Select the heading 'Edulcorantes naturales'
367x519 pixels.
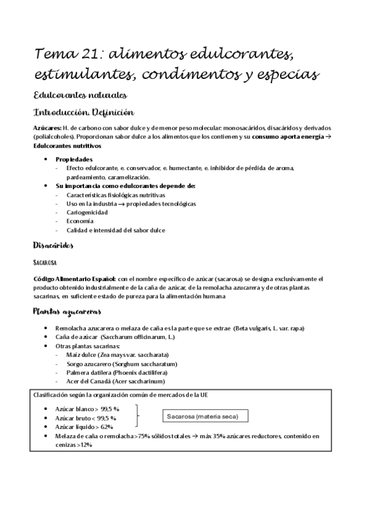[80, 95]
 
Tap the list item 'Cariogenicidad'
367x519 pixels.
[87, 212]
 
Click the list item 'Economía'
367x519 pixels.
[80, 221]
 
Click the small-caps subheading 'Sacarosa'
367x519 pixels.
[45, 262]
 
